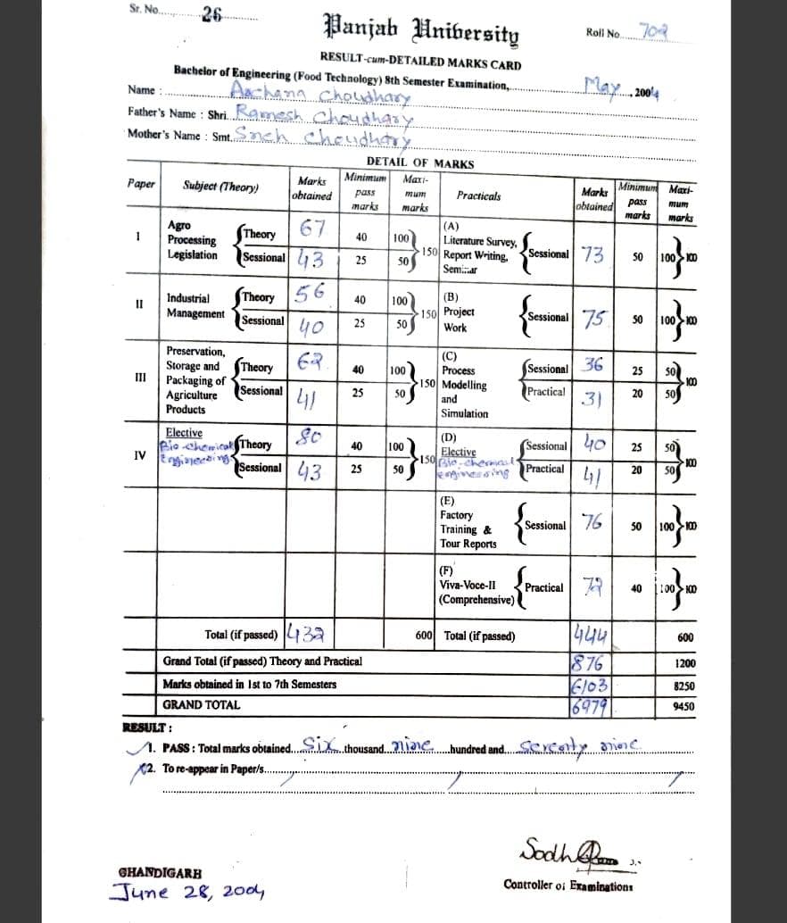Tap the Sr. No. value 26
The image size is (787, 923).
[211, 13]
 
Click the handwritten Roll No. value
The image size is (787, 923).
[655, 32]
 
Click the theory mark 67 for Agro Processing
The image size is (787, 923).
[316, 229]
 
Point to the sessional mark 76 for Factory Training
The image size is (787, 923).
[592, 524]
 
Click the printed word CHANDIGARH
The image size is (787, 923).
[160, 872]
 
